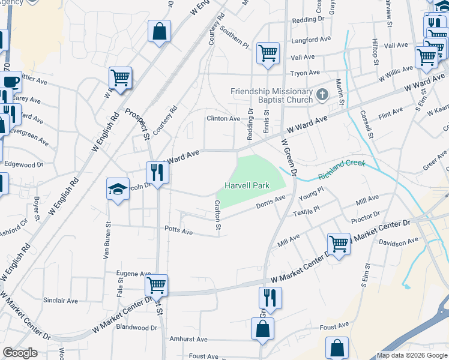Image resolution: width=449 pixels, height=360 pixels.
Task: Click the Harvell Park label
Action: coord(246,186)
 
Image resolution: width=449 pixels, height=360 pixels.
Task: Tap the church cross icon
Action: coord(322,94)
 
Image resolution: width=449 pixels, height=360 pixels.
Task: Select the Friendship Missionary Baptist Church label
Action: coord(272,95)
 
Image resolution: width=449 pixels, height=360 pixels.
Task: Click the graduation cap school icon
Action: coord(118,190)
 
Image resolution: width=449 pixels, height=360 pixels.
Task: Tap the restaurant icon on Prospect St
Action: coord(158,173)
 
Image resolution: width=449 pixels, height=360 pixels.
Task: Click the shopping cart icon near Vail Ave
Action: coord(267,53)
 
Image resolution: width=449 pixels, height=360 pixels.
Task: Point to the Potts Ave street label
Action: coord(178,230)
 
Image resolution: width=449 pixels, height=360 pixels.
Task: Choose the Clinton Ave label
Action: coord(223,119)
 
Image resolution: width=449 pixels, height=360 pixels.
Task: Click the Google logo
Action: coord(20,353)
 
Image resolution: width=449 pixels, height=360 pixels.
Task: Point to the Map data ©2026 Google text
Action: coord(412,355)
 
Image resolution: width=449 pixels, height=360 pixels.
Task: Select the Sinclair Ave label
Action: coord(60,301)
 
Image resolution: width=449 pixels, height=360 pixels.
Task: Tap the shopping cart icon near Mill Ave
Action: coord(339,244)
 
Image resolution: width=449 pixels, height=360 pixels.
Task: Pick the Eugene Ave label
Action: coord(133,274)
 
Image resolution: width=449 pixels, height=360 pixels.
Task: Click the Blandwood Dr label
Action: coord(136,328)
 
